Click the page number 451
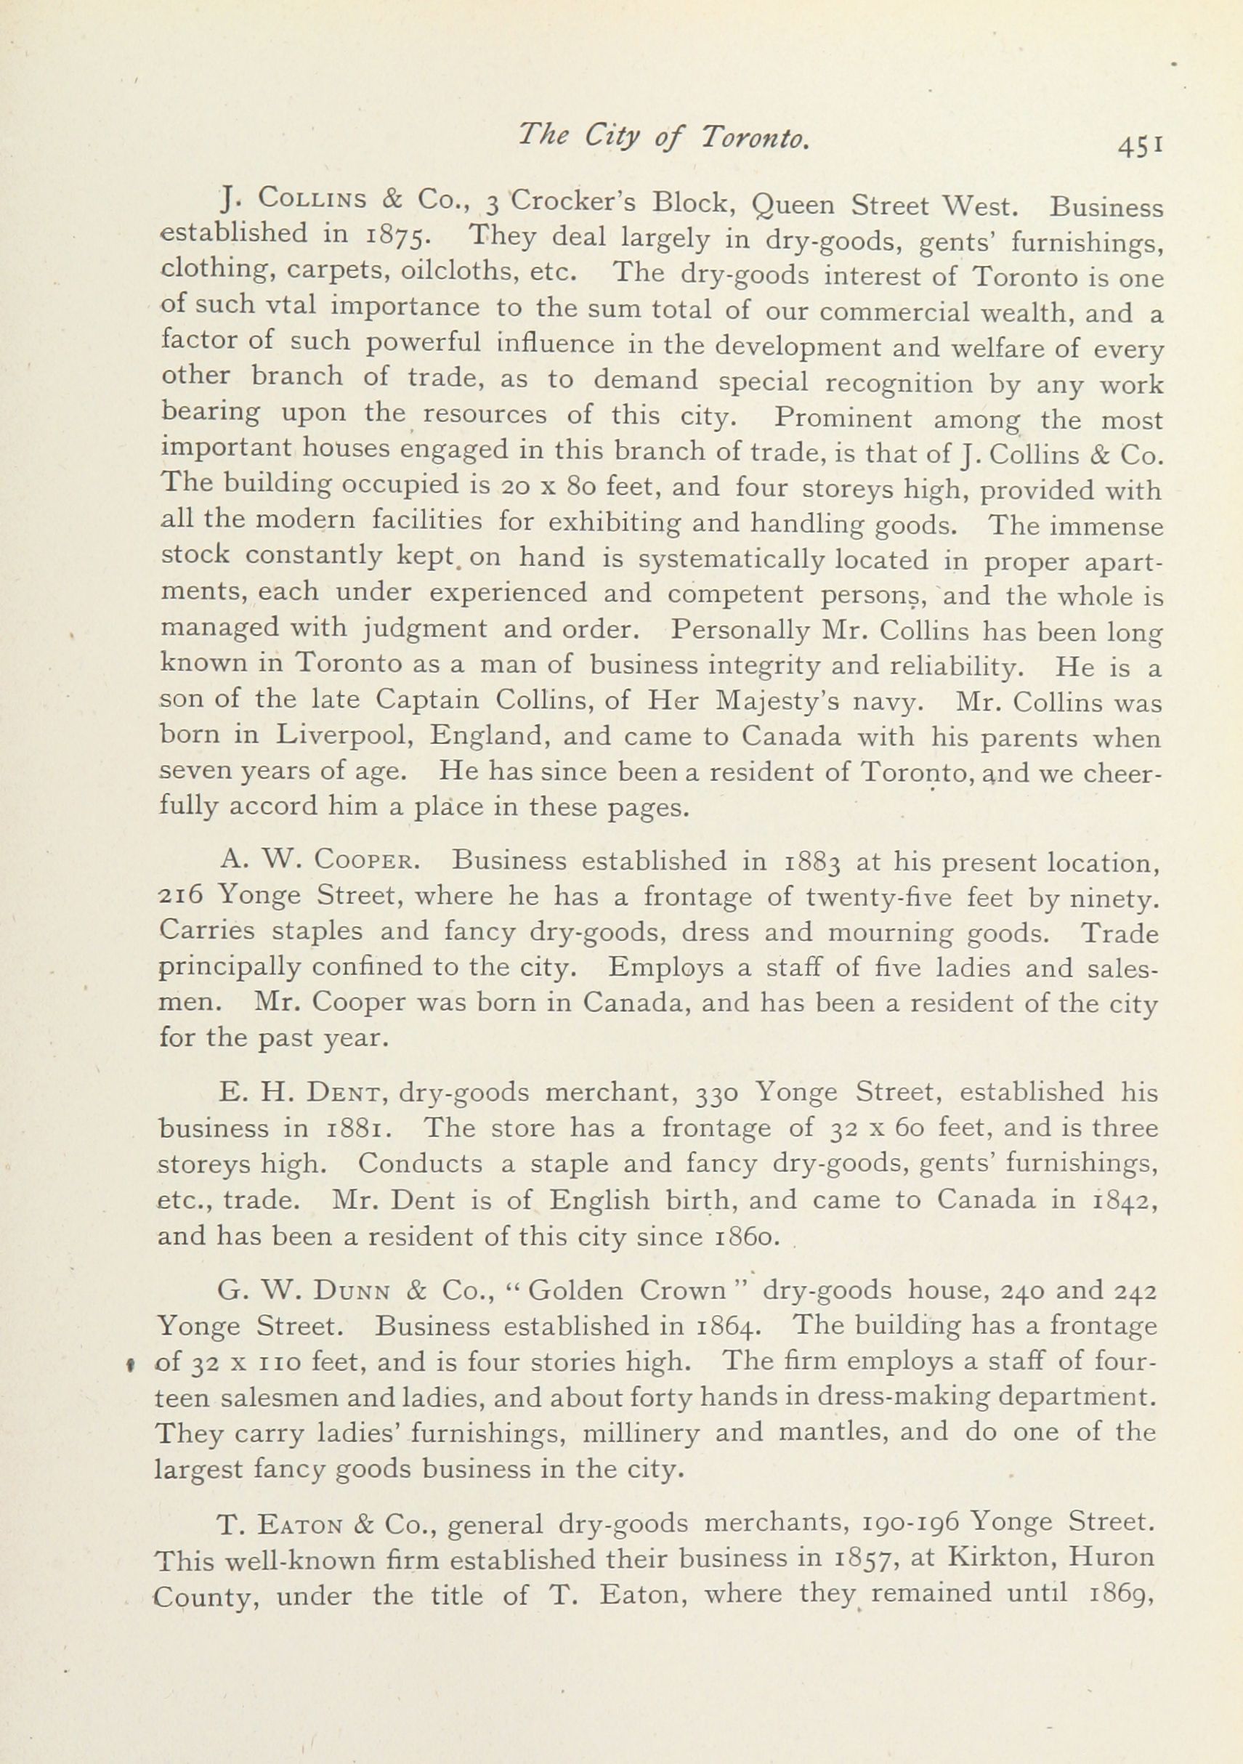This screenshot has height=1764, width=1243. (1141, 145)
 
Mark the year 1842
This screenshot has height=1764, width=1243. (1122, 1201)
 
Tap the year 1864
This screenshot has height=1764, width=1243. (728, 1327)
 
